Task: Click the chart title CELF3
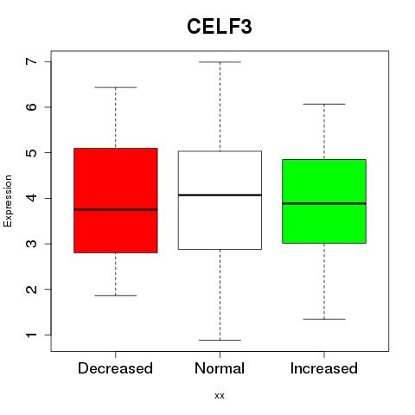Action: tap(220, 27)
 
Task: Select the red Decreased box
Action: tap(116, 201)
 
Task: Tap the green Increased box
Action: tap(324, 201)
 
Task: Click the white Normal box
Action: tap(220, 200)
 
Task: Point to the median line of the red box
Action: tap(116, 209)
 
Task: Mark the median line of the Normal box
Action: tap(220, 195)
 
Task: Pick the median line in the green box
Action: tap(324, 203)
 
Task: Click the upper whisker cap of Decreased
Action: tap(116, 87)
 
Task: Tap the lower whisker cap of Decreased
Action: tap(116, 296)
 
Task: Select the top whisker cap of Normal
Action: tap(220, 62)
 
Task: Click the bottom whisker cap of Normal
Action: tap(220, 340)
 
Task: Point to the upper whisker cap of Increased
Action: tap(324, 104)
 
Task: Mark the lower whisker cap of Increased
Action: tap(324, 319)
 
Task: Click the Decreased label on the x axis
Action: tap(115, 368)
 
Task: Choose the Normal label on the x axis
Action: tap(220, 368)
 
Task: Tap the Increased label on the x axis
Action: tap(324, 368)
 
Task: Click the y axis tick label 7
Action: tap(32, 61)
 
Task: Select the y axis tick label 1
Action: tap(32, 335)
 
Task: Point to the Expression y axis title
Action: tap(8, 201)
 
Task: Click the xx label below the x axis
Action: tap(220, 396)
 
